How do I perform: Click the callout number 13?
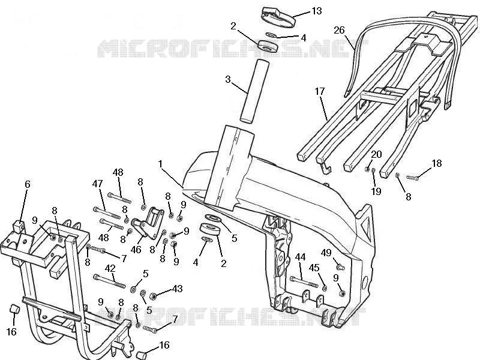click(x=317, y=11)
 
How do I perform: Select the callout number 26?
click(x=339, y=30)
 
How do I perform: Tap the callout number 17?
click(x=320, y=91)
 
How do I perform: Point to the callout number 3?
click(x=228, y=79)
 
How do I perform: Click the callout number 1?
click(x=160, y=164)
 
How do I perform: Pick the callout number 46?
click(x=136, y=250)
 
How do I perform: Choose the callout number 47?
click(x=97, y=184)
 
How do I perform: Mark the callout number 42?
click(x=110, y=268)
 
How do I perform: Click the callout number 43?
click(x=178, y=289)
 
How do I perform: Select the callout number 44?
click(x=300, y=257)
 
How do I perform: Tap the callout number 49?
click(x=326, y=253)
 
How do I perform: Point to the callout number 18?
click(x=437, y=163)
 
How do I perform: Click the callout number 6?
click(x=28, y=184)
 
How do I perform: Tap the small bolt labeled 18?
click(x=412, y=178)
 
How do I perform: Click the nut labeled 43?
click(x=153, y=296)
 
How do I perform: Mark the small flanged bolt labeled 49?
click(x=340, y=266)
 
